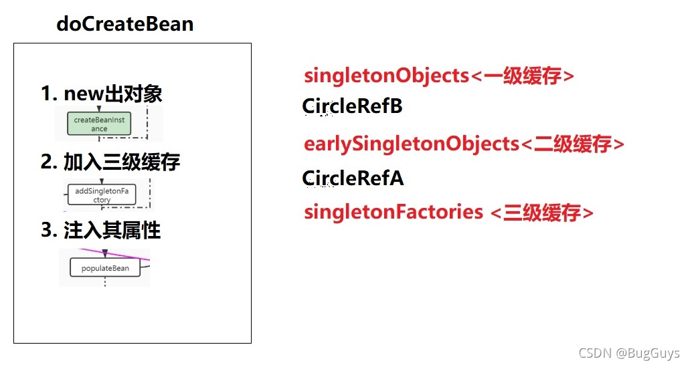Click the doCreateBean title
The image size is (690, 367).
pyautogui.click(x=125, y=24)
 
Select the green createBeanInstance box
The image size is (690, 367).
pyautogui.click(x=99, y=124)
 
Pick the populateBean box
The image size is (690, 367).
pyautogui.click(x=105, y=268)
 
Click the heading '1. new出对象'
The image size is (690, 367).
pyautogui.click(x=102, y=94)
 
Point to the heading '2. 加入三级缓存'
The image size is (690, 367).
pyautogui.click(x=110, y=162)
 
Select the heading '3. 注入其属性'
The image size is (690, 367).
pyautogui.click(x=101, y=231)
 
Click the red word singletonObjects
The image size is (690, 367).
pyautogui.click(x=386, y=76)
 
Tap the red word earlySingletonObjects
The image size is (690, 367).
pyautogui.click(x=411, y=144)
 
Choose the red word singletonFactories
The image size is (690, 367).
pyautogui.click(x=393, y=212)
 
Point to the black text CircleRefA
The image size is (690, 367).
pyautogui.click(x=353, y=178)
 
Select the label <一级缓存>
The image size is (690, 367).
pyautogui.click(x=523, y=76)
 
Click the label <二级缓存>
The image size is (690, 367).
pyautogui.click(x=572, y=144)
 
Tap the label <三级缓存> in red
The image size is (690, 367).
pyautogui.click(x=542, y=213)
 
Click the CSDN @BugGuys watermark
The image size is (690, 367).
pyautogui.click(x=628, y=353)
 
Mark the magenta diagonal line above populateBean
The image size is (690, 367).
pyautogui.click(x=127, y=255)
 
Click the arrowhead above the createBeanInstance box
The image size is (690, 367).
pyautogui.click(x=99, y=108)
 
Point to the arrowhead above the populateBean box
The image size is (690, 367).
pyautogui.click(x=105, y=253)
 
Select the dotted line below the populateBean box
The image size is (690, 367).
pyautogui.click(x=105, y=282)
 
